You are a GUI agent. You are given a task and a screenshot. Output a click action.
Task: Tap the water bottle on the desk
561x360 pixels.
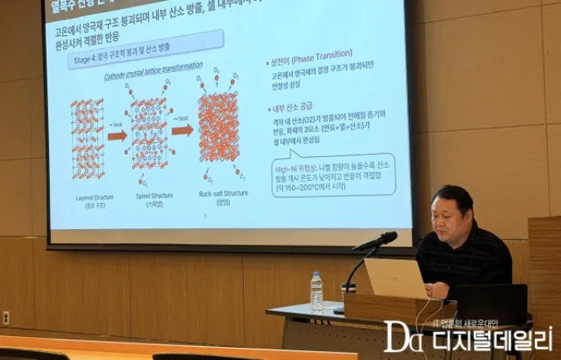[316, 292]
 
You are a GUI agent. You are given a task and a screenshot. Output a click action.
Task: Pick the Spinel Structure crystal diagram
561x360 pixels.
[149, 135]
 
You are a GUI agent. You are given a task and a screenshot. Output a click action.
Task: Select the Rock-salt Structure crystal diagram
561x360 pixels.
[218, 130]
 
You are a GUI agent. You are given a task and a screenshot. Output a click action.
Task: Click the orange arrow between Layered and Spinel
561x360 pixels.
[117, 135]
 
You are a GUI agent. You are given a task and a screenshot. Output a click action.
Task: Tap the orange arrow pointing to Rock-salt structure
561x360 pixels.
[182, 129]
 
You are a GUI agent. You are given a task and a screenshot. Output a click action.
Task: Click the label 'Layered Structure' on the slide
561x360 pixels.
[88, 197]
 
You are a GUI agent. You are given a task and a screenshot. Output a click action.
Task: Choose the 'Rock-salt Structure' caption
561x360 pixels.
[223, 193]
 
